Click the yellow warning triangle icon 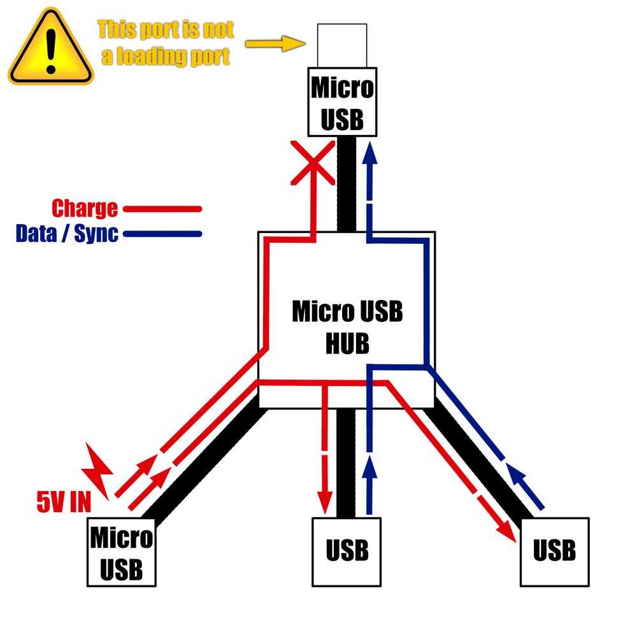(x=50, y=48)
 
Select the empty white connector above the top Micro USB (x=342, y=44)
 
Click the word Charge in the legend (x=85, y=208)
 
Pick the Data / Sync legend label (x=67, y=233)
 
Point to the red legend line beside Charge (x=162, y=208)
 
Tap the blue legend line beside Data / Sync (x=162, y=233)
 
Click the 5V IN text (x=64, y=503)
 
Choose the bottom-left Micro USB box (x=122, y=552)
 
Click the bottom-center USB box (x=347, y=550)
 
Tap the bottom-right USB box (x=554, y=551)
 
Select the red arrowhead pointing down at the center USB (x=326, y=498)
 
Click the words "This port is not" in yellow (x=166, y=29)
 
